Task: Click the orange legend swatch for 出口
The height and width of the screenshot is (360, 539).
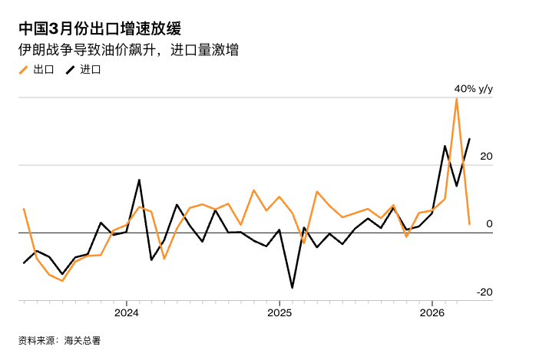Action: pos(23,70)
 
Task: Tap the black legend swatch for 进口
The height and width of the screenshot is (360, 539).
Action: pos(70,70)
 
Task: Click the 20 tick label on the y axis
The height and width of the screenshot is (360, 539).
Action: pos(486,156)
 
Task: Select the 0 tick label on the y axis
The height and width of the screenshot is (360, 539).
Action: pos(489,223)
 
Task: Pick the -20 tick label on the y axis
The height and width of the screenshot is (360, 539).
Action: pos(484,292)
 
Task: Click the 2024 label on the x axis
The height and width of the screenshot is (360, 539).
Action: pos(126,312)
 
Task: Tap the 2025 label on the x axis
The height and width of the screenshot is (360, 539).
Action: pos(279,312)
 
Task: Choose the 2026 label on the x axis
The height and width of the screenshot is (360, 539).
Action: pos(432,312)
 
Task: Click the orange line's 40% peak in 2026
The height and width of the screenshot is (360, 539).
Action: pos(457,97)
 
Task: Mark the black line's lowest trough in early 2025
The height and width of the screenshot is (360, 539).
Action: pos(292,288)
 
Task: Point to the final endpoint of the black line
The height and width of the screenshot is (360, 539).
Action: pos(470,139)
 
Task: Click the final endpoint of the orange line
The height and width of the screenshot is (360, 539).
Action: pos(470,224)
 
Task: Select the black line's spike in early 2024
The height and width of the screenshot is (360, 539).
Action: pos(139,180)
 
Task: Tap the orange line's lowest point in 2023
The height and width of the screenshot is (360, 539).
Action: pos(62,281)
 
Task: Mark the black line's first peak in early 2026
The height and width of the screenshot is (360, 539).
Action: pos(445,146)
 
